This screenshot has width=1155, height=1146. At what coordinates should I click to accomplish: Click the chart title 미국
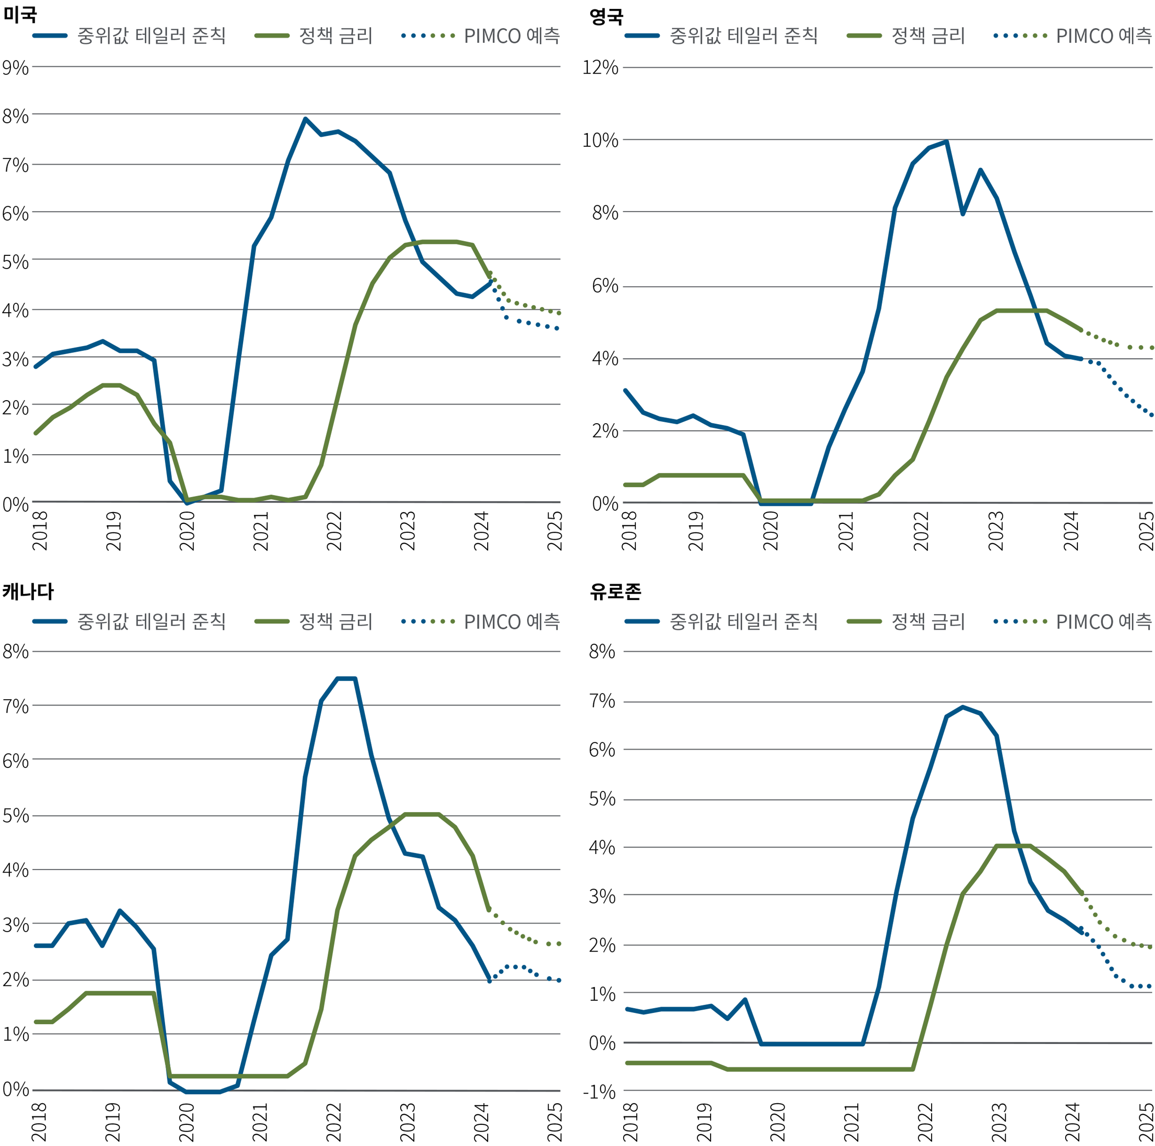point(20,14)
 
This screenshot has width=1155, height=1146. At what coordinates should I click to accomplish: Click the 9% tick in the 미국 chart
point(15,68)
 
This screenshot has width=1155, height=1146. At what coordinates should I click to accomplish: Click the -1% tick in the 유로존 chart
point(599,1092)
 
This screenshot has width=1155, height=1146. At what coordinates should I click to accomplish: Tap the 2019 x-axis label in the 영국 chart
point(696,531)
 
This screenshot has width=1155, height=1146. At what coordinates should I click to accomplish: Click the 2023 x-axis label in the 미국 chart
point(408,531)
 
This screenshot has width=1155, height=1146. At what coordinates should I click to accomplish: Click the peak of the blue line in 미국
point(305,119)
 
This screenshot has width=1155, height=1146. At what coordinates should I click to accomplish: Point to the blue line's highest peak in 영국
point(947,142)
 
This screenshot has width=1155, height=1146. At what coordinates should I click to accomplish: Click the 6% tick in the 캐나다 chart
point(15,761)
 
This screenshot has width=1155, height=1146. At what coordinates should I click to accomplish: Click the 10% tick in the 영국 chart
point(600,140)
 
